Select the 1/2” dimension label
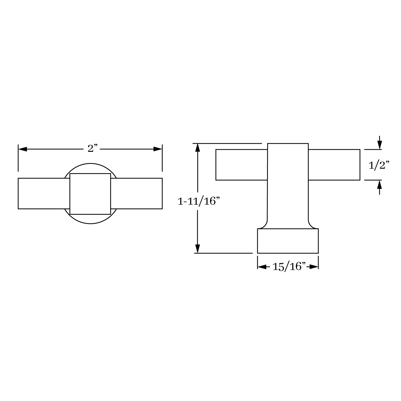[379, 166]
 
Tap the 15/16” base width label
[289, 267]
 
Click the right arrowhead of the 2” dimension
[158, 149]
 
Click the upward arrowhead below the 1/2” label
[379, 184]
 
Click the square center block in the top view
[90, 194]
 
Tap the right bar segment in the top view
[136, 193]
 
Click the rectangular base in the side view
[288, 241]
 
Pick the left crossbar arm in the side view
[241, 165]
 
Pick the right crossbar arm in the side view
[334, 165]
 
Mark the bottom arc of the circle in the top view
[90, 223]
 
